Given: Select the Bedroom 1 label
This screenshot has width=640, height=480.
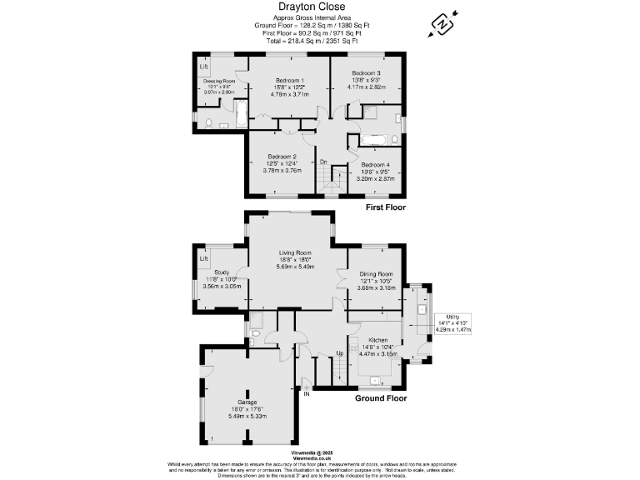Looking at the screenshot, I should click(288, 82).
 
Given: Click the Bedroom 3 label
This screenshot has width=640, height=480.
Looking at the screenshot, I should click(366, 73).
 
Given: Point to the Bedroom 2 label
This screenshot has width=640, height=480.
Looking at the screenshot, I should click(282, 157).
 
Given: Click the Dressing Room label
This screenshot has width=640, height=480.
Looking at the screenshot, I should click(219, 81).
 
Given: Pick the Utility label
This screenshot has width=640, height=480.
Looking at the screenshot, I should click(452, 316).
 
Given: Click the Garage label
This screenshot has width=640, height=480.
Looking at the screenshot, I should click(247, 402).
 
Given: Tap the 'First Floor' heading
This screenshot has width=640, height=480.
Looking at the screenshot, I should click(385, 207).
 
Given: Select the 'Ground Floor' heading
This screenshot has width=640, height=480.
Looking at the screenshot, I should click(381, 398).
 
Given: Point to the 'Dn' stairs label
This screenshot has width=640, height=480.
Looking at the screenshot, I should click(323, 162).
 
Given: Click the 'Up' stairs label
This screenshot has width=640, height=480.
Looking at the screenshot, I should click(340, 354).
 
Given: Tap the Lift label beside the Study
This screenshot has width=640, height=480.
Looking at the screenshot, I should click(204, 258).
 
